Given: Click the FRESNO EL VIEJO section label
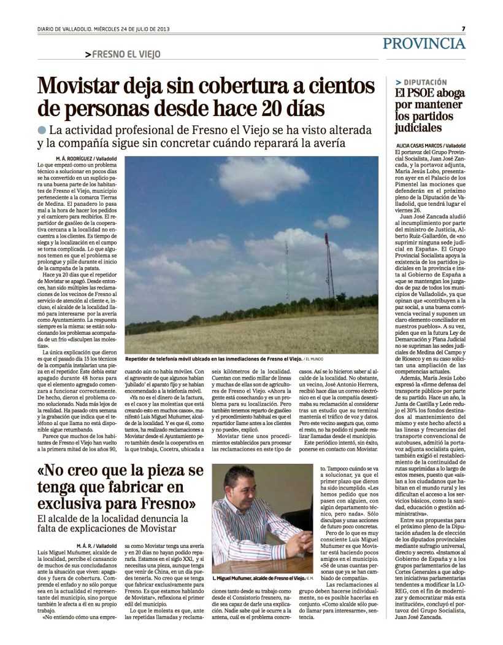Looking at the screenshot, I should pos(126,54).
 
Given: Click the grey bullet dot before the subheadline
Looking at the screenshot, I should pos(41,130).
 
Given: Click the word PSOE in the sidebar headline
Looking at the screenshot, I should pos(420,93).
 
